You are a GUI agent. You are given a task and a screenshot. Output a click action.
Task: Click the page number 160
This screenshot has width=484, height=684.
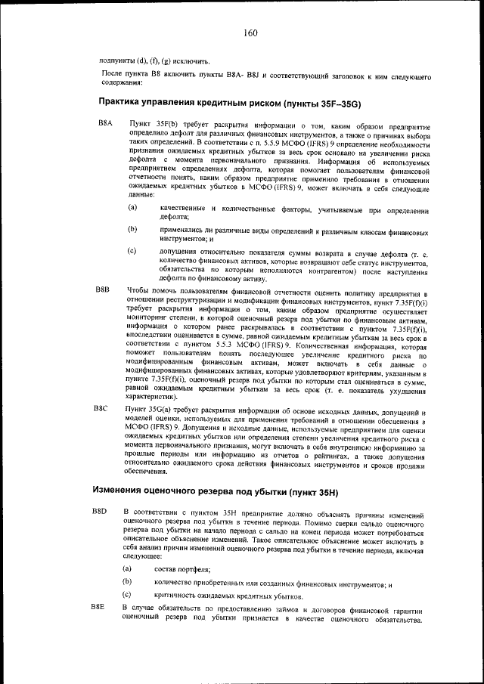[251, 32]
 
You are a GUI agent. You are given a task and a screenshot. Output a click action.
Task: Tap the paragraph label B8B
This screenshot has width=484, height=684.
[103, 289]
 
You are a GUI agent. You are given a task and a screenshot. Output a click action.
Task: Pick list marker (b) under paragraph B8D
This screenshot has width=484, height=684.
[126, 582]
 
